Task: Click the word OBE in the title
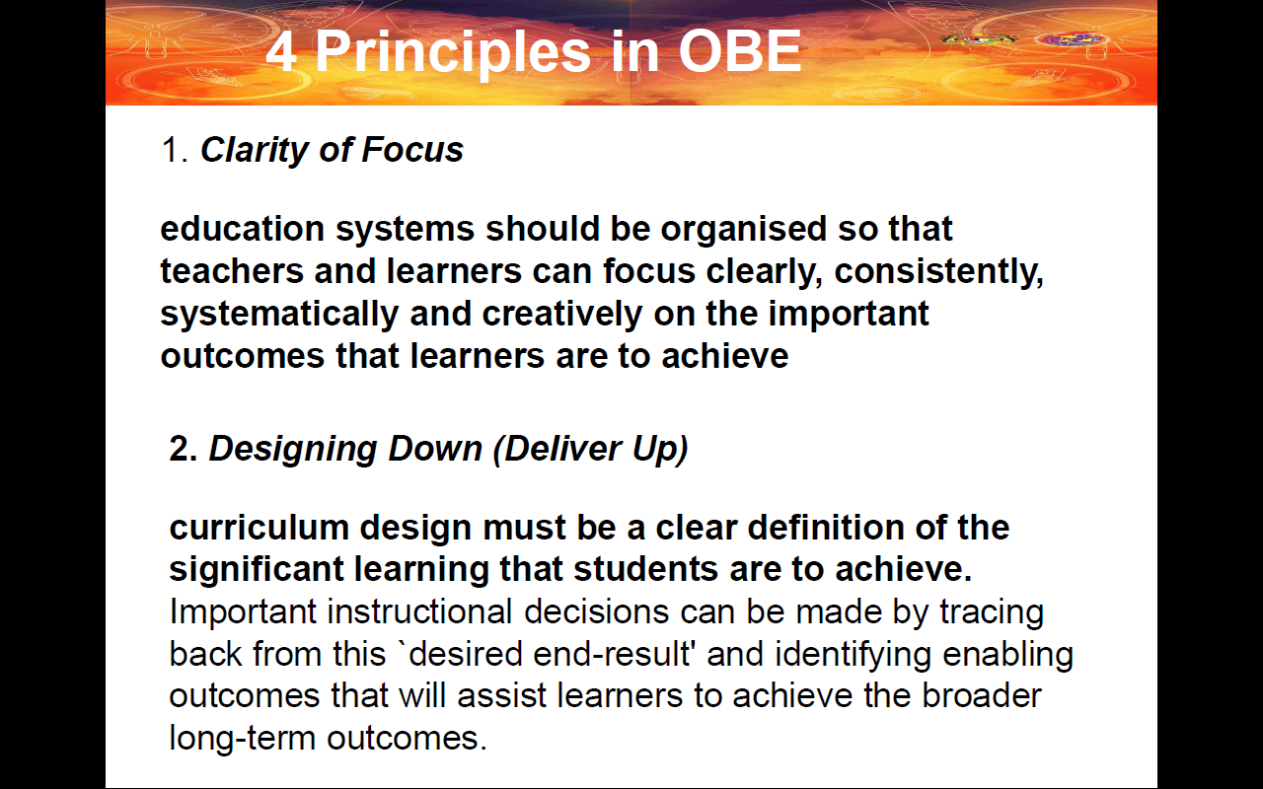click(x=740, y=51)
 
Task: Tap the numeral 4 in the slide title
click(x=281, y=52)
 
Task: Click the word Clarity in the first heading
click(x=254, y=151)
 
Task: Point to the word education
click(x=243, y=229)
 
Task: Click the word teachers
click(x=232, y=271)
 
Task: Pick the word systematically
click(x=279, y=315)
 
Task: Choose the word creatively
click(x=562, y=315)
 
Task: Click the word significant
click(x=257, y=570)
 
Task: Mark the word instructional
click(x=419, y=612)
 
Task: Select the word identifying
click(x=854, y=655)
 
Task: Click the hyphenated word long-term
click(x=243, y=739)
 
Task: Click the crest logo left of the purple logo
click(x=979, y=39)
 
